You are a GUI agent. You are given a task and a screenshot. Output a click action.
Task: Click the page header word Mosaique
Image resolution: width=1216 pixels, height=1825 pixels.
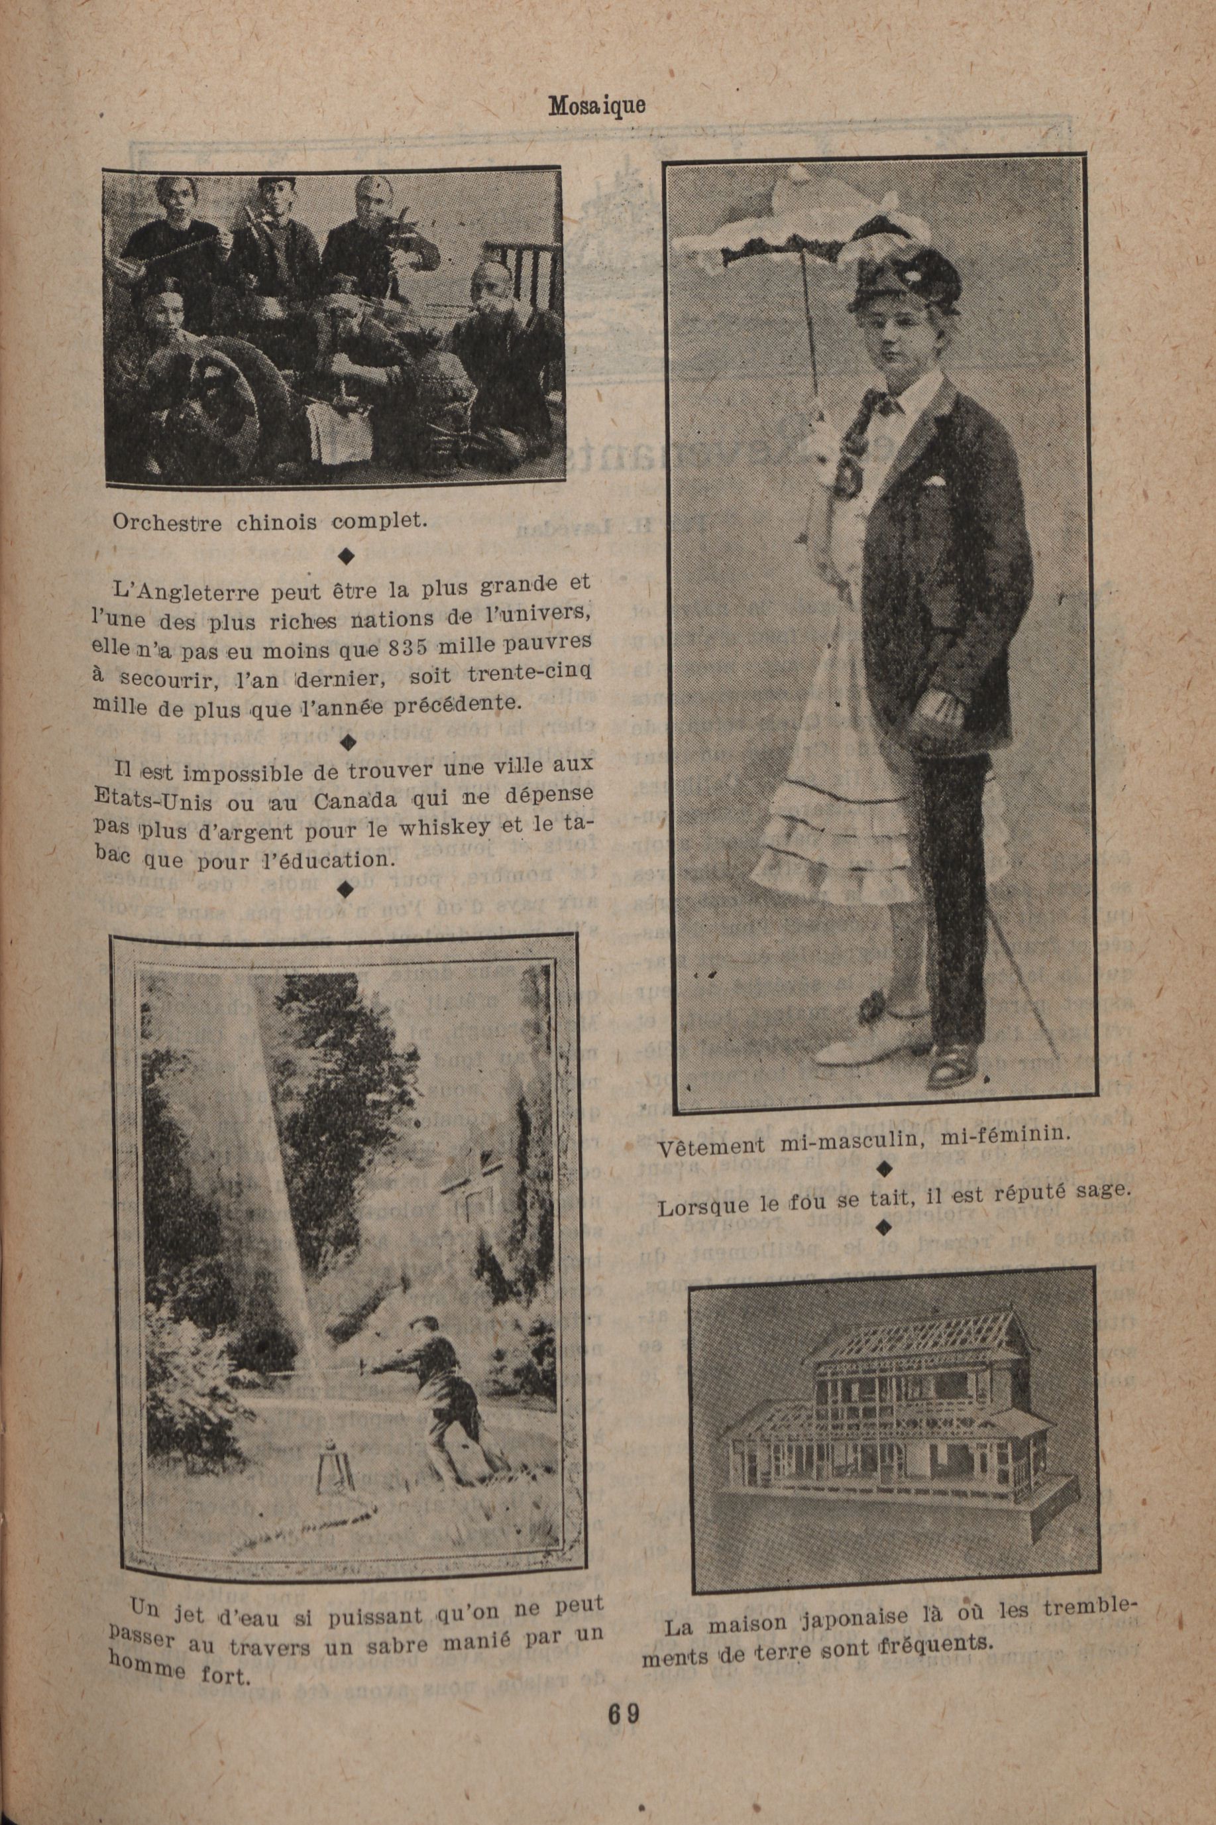coord(596,105)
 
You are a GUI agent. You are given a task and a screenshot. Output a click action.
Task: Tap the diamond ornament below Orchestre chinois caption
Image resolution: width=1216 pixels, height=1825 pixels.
coord(347,556)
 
